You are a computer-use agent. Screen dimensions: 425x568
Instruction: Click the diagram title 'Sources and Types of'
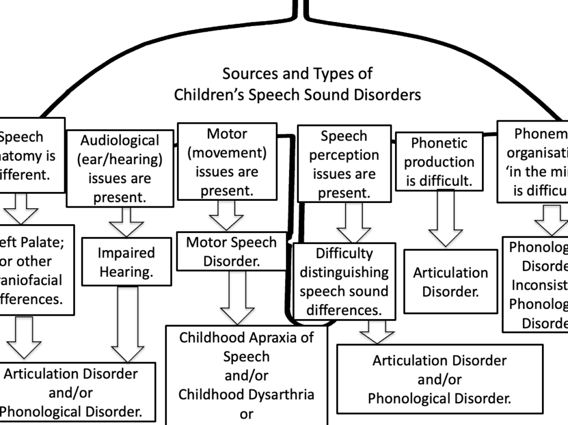[x=297, y=73]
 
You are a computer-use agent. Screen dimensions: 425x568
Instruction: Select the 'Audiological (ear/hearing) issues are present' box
[x=120, y=169]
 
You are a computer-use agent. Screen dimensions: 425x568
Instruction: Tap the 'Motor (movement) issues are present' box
[x=226, y=162]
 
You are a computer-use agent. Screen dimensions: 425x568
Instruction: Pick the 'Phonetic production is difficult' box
[x=439, y=161]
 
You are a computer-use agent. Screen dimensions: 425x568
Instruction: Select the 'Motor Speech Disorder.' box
[x=231, y=251]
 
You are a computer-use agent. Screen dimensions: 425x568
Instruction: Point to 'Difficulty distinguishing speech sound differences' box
[x=344, y=281]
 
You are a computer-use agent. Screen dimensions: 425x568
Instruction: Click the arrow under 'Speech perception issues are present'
[x=353, y=223]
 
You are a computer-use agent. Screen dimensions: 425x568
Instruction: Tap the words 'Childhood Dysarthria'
[x=246, y=394]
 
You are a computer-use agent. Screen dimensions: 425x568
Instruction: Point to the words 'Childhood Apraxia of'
[x=246, y=337]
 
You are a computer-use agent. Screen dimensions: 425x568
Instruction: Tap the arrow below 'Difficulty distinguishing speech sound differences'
[x=377, y=332]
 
